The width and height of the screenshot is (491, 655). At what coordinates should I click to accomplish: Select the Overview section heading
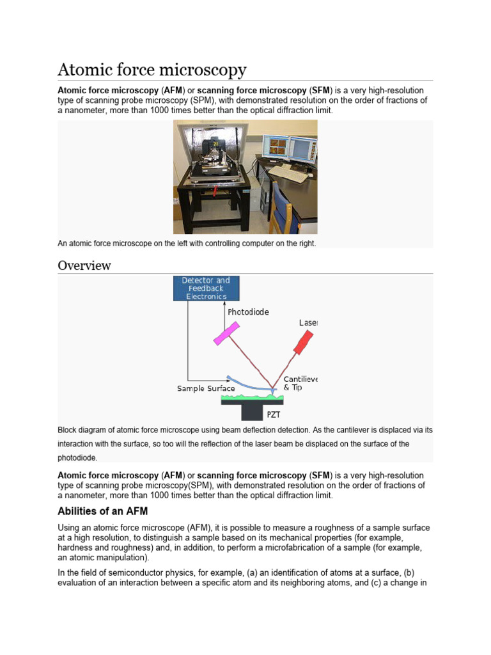point(84,265)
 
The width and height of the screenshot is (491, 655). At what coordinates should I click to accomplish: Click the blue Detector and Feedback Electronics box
point(207,288)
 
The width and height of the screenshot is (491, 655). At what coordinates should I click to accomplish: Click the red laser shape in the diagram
point(305,342)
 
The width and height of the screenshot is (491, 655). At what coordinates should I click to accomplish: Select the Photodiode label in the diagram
point(248,312)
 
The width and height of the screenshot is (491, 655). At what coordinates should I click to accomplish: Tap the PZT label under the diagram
point(273,414)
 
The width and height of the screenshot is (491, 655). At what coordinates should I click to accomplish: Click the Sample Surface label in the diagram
point(206,388)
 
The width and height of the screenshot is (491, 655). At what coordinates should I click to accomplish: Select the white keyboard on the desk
point(292,175)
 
